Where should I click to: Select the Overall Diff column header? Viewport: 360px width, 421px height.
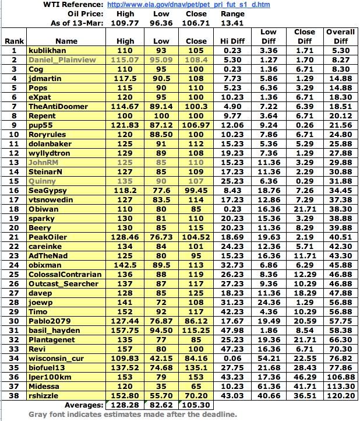(x=340, y=37)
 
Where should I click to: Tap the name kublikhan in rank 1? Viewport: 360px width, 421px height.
(x=49, y=51)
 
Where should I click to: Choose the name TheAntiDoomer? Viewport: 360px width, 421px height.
(x=58, y=107)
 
